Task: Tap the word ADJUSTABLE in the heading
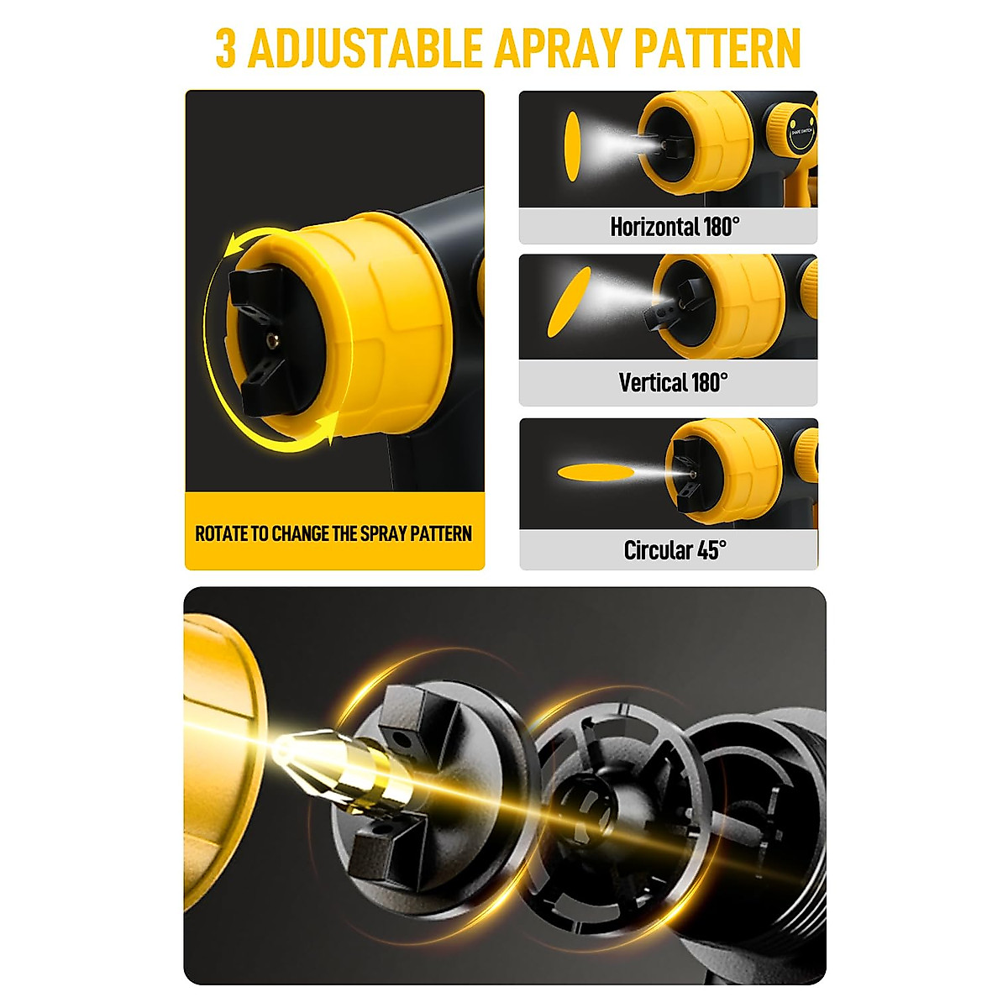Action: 365,50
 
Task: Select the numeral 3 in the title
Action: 225,50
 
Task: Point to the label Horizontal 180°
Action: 675,227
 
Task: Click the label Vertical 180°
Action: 673,383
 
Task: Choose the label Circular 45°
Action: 675,550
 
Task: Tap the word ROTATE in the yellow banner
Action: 221,533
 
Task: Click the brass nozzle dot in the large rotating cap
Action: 270,339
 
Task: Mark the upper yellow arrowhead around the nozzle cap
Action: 236,245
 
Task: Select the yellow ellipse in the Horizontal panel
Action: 571,146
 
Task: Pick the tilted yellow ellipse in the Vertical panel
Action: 569,302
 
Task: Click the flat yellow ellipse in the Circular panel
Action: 597,472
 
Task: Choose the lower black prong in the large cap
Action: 262,388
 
